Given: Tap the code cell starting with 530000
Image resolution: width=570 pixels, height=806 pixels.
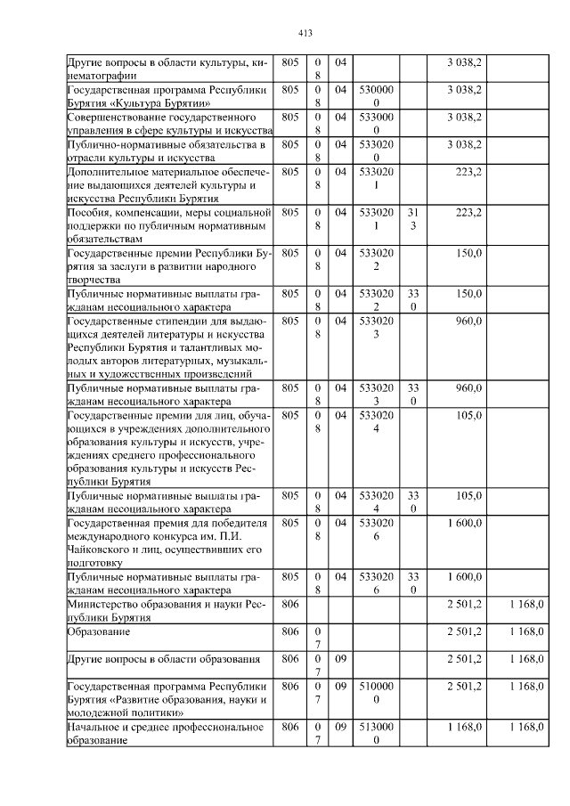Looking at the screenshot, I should coord(376,97).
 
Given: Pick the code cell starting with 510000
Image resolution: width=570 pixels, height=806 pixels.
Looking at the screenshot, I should coord(376,694).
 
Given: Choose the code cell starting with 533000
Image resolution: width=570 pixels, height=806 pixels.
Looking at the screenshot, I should coord(376,124).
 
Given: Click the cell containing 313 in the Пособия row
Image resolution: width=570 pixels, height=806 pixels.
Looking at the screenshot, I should coord(412,220).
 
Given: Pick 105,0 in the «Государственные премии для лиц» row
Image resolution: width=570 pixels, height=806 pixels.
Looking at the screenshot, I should coord(468,414).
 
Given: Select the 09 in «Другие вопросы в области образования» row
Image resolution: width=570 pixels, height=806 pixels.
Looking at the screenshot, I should coord(341,659).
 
